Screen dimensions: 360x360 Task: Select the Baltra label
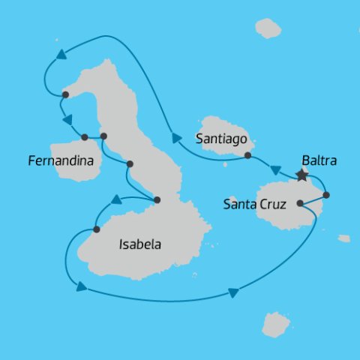click(319, 160)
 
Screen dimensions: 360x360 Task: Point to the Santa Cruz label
click(254, 203)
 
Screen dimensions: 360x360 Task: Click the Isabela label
click(140, 244)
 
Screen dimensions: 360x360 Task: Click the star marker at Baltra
click(301, 175)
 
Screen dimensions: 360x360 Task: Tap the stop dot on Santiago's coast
click(247, 156)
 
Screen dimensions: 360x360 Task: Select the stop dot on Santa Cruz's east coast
click(325, 195)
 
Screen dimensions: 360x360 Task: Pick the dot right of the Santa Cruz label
click(300, 202)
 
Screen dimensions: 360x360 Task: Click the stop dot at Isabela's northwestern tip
click(66, 94)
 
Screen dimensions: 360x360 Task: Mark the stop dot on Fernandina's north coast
click(85, 137)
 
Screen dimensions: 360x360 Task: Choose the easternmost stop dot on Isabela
click(157, 199)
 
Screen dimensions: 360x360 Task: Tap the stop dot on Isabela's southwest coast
click(97, 229)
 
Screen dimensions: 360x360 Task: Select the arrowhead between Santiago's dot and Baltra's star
click(275, 169)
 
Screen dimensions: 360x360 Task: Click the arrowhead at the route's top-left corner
click(58, 54)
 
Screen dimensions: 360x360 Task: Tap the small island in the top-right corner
click(268, 28)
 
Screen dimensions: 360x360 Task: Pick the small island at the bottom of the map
click(275, 324)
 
